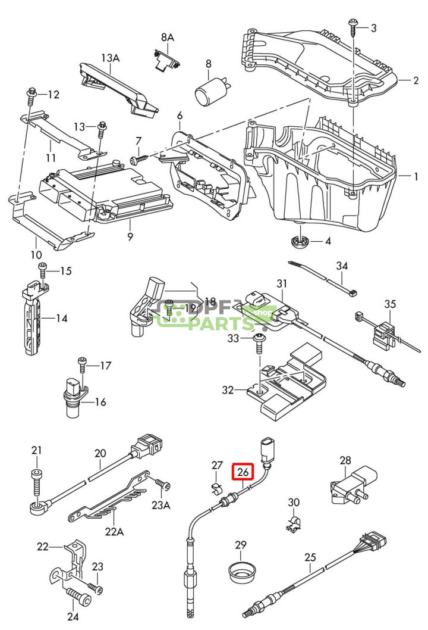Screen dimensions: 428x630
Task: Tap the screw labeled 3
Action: (353, 28)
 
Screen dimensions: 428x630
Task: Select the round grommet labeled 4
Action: (300, 242)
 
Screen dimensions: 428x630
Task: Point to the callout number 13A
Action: (110, 58)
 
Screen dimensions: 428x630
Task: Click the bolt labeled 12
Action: (32, 95)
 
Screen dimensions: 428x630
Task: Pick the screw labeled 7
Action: (139, 160)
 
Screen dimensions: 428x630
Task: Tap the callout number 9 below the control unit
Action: (130, 236)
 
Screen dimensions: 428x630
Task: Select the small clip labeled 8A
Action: (167, 60)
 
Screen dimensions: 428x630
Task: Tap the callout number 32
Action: (228, 390)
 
